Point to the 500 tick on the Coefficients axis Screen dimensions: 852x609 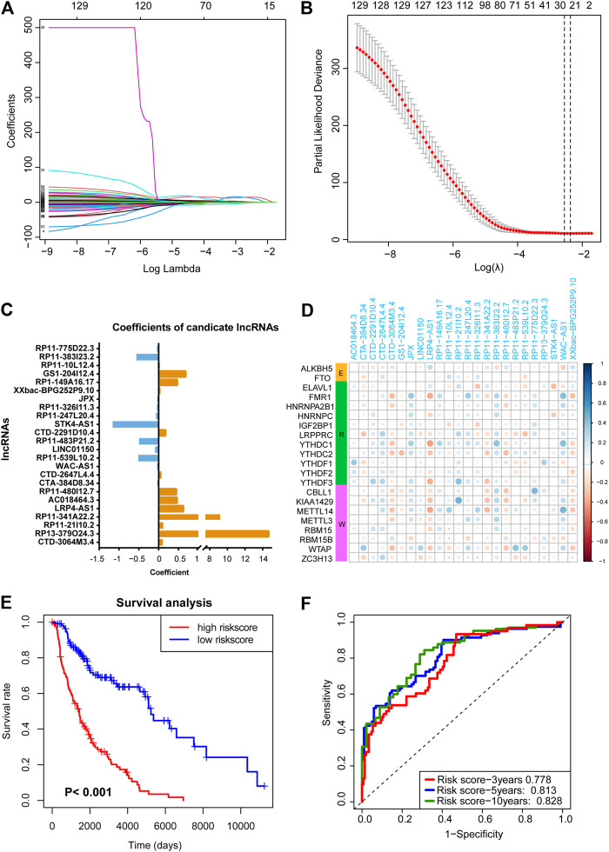click(33, 28)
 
